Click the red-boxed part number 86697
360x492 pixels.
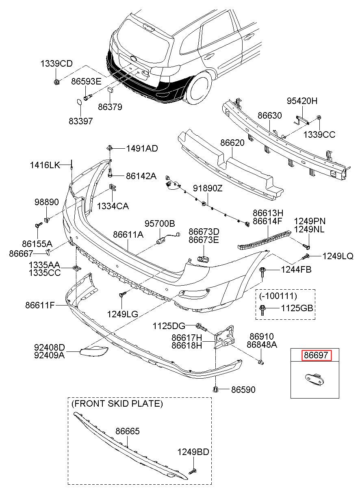point(316,355)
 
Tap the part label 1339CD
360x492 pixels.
point(56,64)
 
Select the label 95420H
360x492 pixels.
point(302,101)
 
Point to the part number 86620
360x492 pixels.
point(232,143)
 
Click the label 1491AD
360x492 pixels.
point(142,149)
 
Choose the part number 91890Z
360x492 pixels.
point(208,188)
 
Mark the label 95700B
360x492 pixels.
point(160,223)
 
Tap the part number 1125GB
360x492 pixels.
point(297,308)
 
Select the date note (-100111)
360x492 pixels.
point(278,296)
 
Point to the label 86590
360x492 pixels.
point(243,390)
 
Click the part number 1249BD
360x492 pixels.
point(193,452)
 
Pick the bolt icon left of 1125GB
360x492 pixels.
point(262,310)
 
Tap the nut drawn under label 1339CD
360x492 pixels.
point(56,82)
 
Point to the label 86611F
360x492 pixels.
point(40,305)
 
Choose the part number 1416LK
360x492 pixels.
point(45,165)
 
